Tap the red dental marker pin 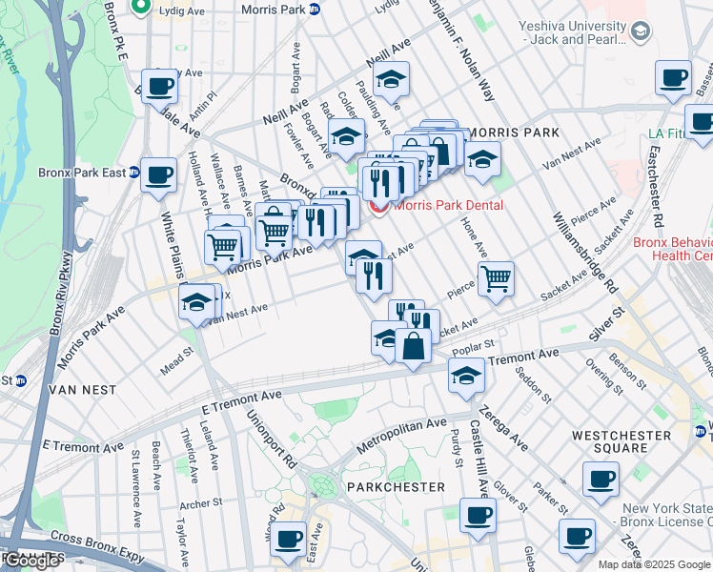tap(378, 205)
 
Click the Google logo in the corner tap(31, 561)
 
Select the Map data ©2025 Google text tap(654, 564)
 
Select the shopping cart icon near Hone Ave tap(496, 279)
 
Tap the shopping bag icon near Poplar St tap(413, 346)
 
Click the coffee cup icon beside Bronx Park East tap(158, 175)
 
